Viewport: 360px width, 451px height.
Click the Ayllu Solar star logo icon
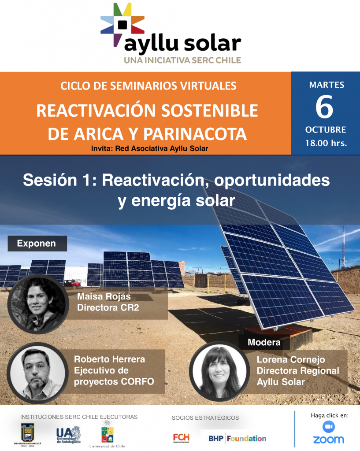pyautogui.click(x=122, y=25)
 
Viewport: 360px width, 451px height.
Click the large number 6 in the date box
pyautogui.click(x=324, y=107)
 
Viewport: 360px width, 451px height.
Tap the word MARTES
pyautogui.click(x=327, y=85)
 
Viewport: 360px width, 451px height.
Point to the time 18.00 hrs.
pyautogui.click(x=326, y=143)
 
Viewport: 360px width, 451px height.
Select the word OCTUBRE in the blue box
pyautogui.click(x=326, y=130)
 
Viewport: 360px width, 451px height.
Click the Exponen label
pyautogui.click(x=37, y=243)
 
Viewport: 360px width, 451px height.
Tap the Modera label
pyautogui.click(x=264, y=342)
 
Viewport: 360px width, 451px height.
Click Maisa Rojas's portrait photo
pyautogui.click(x=38, y=304)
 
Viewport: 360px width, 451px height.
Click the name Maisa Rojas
pyautogui.click(x=104, y=296)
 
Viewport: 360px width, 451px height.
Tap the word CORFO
pyautogui.click(x=137, y=382)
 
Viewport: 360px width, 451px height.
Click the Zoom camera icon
pyautogui.click(x=328, y=427)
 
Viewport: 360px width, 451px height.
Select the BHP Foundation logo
pyautogui.click(x=238, y=439)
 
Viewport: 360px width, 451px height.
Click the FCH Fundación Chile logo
pyautogui.click(x=181, y=438)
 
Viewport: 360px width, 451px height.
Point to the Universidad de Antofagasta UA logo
pyautogui.click(x=68, y=435)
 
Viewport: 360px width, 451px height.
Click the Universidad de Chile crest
pyautogui.click(x=108, y=433)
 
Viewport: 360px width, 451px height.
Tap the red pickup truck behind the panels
pyautogui.click(x=72, y=284)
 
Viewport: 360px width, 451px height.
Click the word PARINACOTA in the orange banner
pyautogui.click(x=195, y=134)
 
